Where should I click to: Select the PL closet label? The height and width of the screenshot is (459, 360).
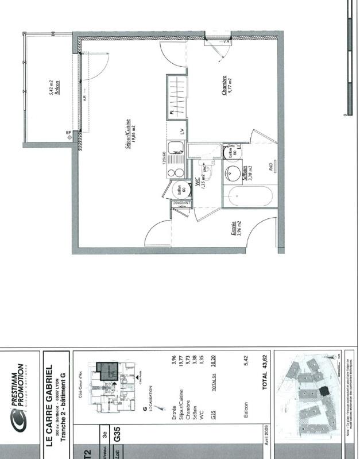tap(172, 113)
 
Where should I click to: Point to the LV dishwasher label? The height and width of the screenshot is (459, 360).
tap(182, 131)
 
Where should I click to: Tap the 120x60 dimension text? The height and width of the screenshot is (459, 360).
tap(164, 157)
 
